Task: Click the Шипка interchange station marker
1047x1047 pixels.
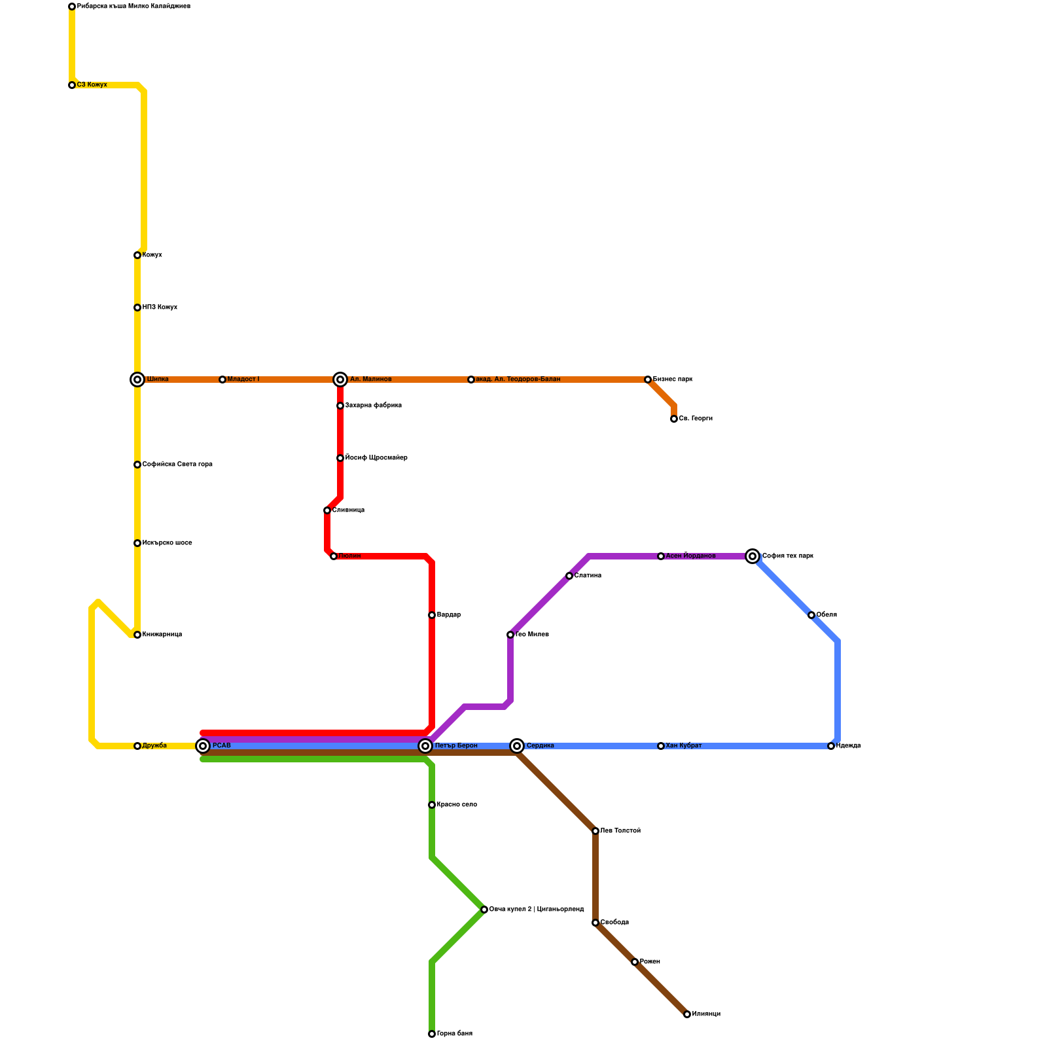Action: point(137,380)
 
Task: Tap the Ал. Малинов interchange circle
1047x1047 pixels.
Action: point(340,380)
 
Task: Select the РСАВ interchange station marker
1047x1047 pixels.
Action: point(204,746)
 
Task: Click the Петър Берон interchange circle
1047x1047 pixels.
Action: point(425,746)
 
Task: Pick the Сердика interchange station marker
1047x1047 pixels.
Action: point(517,746)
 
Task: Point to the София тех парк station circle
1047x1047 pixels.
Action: point(753,556)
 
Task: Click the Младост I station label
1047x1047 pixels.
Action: point(243,380)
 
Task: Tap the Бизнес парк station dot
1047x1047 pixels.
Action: point(648,380)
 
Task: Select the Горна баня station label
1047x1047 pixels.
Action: point(455,1034)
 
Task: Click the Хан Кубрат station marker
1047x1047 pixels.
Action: point(661,746)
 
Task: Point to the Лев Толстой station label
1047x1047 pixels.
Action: point(620,831)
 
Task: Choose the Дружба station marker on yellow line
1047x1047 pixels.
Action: point(137,746)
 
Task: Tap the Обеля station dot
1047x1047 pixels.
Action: point(811,615)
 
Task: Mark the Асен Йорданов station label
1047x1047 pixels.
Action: point(691,556)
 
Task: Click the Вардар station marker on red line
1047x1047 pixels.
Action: point(432,615)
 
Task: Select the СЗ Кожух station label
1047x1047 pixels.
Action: point(92,85)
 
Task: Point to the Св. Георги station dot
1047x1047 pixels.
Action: point(674,419)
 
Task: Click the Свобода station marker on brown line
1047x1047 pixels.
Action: point(595,923)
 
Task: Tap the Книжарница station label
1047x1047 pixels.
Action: point(162,635)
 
